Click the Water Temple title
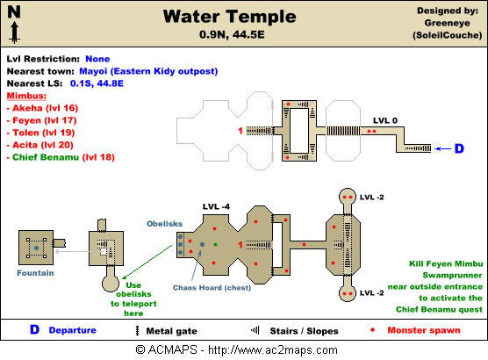pyautogui.click(x=230, y=16)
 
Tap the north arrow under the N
pyautogui.click(x=14, y=32)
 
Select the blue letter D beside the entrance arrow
pyautogui.click(x=459, y=148)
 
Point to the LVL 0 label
pyautogui.click(x=385, y=120)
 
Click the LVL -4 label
pyautogui.click(x=216, y=206)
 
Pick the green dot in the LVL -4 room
pyautogui.click(x=215, y=244)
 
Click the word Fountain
pyautogui.click(x=35, y=273)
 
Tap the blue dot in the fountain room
pyautogui.click(x=36, y=248)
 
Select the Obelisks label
pyautogui.click(x=165, y=224)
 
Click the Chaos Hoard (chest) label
pyautogui.click(x=212, y=288)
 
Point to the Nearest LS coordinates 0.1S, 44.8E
pyautogui.click(x=97, y=83)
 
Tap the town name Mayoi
pyautogui.click(x=93, y=71)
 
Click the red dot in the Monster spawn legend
pyautogui.click(x=372, y=330)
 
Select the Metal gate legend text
pyautogui.click(x=171, y=331)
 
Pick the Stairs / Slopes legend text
pyautogui.click(x=304, y=331)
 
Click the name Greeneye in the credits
pyautogui.click(x=448, y=23)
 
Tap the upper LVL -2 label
pyautogui.click(x=372, y=198)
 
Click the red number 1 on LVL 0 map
pyautogui.click(x=240, y=131)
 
